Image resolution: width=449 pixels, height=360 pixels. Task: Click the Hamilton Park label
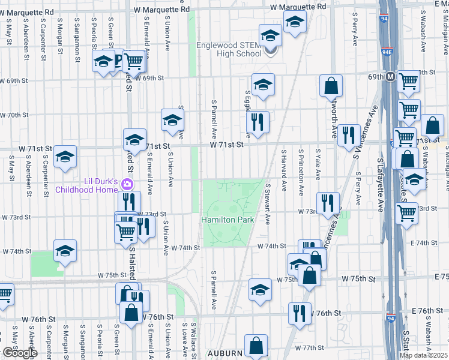coord(228,220)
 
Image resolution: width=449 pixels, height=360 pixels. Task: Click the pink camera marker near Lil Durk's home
coord(127,184)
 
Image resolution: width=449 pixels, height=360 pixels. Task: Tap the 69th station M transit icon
coord(390,77)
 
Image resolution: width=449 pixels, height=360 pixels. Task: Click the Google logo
coord(19,353)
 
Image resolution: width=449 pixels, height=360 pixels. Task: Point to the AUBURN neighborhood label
coord(225,353)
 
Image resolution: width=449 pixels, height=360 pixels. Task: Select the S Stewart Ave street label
coord(268,204)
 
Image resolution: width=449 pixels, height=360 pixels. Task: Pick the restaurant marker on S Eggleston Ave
coord(258,122)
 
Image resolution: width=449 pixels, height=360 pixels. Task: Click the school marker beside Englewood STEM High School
coord(270,36)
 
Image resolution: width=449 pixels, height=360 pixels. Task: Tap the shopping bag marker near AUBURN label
coord(256,346)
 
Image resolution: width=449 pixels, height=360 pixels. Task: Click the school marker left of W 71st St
coord(134,140)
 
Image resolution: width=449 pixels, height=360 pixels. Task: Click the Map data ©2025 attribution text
coord(423,355)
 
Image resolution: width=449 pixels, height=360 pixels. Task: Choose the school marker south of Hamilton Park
coord(259,290)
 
